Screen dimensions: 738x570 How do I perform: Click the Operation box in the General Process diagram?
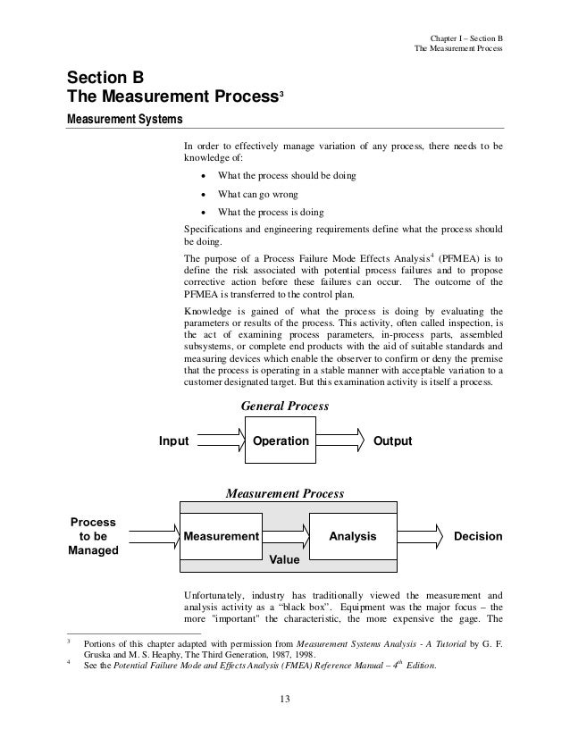coord(281,440)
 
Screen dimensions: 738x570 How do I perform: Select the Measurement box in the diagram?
coord(221,537)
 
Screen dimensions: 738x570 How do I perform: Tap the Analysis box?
coord(353,537)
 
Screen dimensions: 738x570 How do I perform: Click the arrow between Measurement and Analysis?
coord(285,537)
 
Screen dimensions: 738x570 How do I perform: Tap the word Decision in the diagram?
coord(478,537)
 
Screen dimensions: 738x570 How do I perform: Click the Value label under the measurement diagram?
coord(284,562)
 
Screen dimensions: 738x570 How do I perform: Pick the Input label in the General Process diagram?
coord(173,440)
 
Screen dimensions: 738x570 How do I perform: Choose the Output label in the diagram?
coord(392,440)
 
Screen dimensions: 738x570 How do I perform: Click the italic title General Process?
coord(286,406)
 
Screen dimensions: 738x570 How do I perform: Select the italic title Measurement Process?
coord(284,492)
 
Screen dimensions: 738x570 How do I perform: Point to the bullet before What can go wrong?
coord(205,194)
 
